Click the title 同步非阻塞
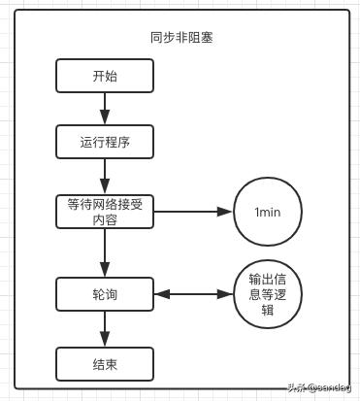(x=181, y=38)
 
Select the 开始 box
(x=105, y=76)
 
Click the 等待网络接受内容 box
(x=105, y=212)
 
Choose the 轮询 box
(x=105, y=293)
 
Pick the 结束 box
(x=105, y=364)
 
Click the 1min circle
(x=268, y=212)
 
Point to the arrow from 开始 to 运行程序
(x=105, y=109)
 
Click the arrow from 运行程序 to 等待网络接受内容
(x=105, y=177)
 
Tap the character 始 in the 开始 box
(x=112, y=76)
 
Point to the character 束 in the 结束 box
(x=112, y=364)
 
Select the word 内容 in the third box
(x=105, y=219)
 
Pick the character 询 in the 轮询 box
(x=112, y=293)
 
